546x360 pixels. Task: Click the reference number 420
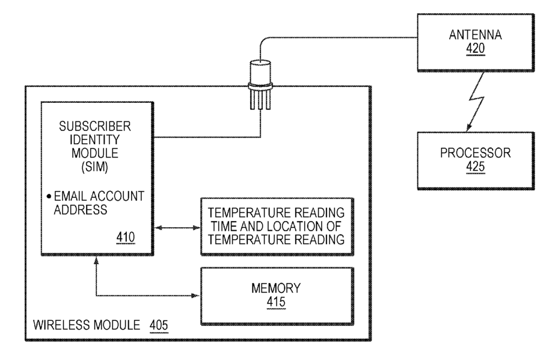[475, 49]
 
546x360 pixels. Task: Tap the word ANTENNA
[475, 35]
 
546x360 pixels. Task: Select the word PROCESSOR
[475, 153]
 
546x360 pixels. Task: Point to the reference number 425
[475, 166]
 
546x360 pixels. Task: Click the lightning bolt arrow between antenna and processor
[476, 101]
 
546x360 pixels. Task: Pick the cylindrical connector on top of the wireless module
[260, 85]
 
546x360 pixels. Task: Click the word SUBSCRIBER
[95, 126]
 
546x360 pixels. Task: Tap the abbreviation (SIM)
[95, 166]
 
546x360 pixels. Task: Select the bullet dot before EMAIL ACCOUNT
[49, 197]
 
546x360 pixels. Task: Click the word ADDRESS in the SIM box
[81, 210]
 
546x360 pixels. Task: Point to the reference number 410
[125, 237]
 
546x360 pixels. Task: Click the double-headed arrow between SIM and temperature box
[177, 228]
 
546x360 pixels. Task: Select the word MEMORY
[276, 288]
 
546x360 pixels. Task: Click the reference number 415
[276, 302]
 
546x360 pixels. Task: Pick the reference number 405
[159, 325]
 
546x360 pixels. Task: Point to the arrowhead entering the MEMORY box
[197, 296]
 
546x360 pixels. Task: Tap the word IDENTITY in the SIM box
[95, 139]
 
